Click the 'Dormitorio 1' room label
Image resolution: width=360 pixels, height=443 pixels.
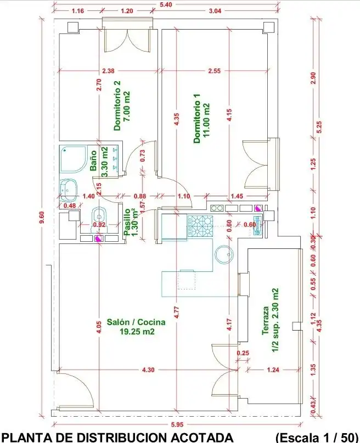click(197, 118)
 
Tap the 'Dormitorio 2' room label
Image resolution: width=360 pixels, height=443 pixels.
click(117, 105)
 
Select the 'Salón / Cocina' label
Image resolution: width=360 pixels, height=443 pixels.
click(136, 322)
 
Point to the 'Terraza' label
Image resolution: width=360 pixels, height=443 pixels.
click(265, 321)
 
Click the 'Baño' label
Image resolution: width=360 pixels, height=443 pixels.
click(93, 161)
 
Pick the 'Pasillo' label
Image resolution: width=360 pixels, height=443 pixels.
click(127, 222)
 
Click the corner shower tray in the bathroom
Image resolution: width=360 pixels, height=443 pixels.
click(73, 159)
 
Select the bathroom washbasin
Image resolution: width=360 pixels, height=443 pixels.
click(69, 188)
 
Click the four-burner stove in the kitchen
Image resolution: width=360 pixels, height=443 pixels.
click(200, 226)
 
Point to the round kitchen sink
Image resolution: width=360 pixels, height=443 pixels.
click(225, 254)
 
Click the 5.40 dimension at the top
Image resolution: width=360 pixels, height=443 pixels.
click(166, 4)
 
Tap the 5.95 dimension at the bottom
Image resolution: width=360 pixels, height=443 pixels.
click(177, 424)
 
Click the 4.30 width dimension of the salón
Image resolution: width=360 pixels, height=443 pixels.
click(148, 370)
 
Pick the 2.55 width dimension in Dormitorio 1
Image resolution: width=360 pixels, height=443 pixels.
click(214, 70)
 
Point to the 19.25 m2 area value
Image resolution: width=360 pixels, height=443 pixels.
click(137, 331)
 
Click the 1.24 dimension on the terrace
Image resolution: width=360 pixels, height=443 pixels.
click(273, 370)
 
